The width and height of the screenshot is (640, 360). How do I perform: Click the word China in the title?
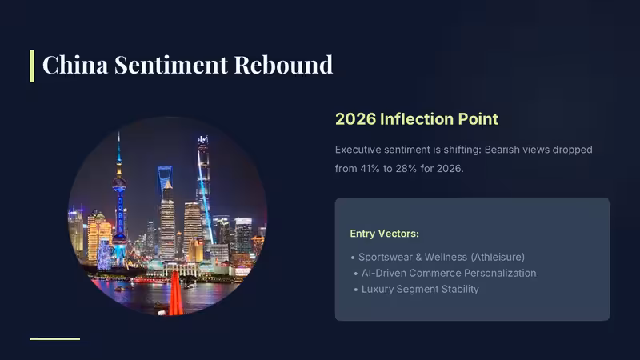[x=75, y=65]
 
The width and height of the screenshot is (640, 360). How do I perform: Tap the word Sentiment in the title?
[x=171, y=65]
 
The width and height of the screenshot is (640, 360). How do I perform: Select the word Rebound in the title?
[x=283, y=65]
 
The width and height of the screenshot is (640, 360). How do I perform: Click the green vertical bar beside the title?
[x=32, y=66]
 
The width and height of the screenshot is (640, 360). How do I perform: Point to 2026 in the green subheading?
[x=350, y=119]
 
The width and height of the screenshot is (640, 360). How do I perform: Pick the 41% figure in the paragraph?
[x=370, y=169]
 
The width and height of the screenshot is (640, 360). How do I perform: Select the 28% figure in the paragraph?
[x=406, y=169]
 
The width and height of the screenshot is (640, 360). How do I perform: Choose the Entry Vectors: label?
[x=385, y=234]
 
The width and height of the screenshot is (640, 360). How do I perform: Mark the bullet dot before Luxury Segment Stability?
[x=356, y=290]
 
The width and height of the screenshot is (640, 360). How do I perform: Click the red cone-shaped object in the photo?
[x=176, y=294]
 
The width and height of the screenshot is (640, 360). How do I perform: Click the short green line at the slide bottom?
[x=54, y=338]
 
